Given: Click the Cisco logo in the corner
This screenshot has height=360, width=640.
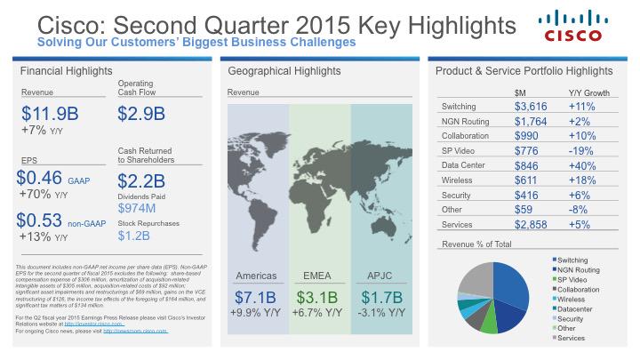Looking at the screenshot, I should pyautogui.click(x=584, y=27).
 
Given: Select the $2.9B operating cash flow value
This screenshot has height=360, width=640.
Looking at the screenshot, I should pyautogui.click(x=141, y=113).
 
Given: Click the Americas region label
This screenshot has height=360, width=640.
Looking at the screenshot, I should pyautogui.click(x=258, y=276).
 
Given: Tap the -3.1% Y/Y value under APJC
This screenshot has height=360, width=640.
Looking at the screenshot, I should pyautogui.click(x=383, y=313).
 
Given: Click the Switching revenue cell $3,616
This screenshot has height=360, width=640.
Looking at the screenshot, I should pyautogui.click(x=531, y=107).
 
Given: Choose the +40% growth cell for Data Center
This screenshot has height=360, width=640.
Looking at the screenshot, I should pyautogui.click(x=583, y=165).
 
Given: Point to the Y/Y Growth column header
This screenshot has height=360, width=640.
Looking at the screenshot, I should pyautogui.click(x=588, y=92).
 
